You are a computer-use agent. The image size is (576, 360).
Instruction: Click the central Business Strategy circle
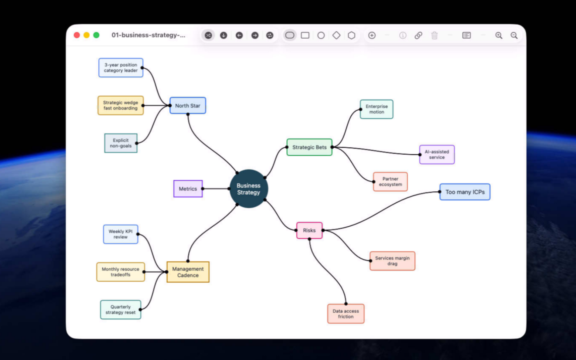point(249,189)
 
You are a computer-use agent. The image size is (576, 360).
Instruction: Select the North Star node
point(188,105)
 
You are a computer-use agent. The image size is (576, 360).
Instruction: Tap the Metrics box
point(188,189)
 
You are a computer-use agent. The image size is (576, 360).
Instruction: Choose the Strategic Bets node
point(309,147)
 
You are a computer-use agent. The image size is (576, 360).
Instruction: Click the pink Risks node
point(309,230)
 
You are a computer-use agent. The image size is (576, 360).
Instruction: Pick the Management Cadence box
point(188,272)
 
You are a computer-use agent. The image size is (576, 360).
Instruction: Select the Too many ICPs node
point(465,192)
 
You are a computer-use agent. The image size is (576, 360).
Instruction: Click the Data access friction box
point(346,314)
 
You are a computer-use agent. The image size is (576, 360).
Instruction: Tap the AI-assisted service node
point(437,155)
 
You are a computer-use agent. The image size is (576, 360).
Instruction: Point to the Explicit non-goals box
point(121,143)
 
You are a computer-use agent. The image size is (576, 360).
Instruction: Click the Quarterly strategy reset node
point(121,309)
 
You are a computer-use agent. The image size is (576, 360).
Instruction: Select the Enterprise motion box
point(377,109)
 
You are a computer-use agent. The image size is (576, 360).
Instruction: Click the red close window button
point(77,35)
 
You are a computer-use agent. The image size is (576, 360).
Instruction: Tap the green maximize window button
point(96,35)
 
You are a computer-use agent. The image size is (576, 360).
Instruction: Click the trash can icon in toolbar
point(434,35)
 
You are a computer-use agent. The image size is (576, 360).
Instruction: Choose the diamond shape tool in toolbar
point(337,35)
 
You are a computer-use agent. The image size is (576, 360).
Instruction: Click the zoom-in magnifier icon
point(499,35)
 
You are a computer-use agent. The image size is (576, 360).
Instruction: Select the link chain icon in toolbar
point(418,35)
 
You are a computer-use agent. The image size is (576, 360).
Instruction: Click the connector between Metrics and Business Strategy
point(216,189)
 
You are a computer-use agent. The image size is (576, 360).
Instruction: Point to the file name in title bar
point(149,35)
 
